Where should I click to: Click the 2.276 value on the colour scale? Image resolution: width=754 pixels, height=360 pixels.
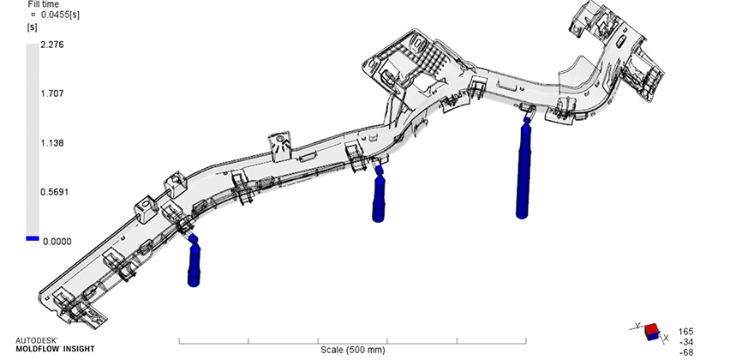pyautogui.click(x=53, y=45)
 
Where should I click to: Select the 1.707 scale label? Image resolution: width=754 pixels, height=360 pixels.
pyautogui.click(x=53, y=93)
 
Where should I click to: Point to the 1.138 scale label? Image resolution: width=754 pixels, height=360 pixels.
pyautogui.click(x=53, y=143)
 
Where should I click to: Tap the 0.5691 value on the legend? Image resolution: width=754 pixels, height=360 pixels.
pyautogui.click(x=55, y=192)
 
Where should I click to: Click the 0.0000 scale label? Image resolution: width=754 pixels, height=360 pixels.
pyautogui.click(x=57, y=242)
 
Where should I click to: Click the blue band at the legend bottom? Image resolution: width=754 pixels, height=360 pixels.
pyautogui.click(x=33, y=238)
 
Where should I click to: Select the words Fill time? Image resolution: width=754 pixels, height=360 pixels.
pyautogui.click(x=44, y=4)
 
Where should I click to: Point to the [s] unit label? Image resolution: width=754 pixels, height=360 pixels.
pyautogui.click(x=32, y=27)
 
